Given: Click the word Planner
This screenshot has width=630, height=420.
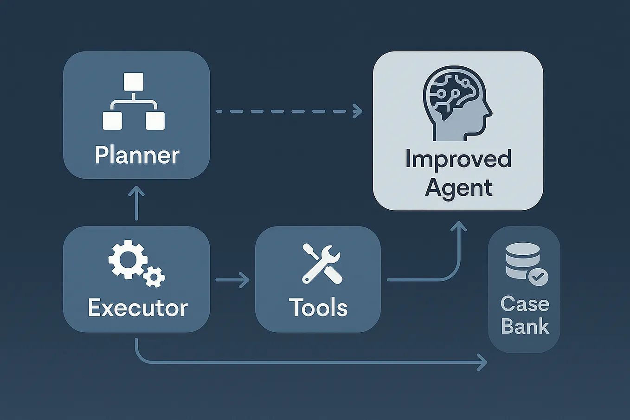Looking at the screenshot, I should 137,155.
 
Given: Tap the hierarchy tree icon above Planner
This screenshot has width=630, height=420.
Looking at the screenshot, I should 134,101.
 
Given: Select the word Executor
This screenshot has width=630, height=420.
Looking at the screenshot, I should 137,308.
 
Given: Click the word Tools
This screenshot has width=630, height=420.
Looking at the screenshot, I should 318,308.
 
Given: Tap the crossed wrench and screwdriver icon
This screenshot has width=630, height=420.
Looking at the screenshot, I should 321,264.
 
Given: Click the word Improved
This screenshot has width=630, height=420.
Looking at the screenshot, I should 458,159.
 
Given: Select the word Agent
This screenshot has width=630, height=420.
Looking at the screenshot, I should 458,188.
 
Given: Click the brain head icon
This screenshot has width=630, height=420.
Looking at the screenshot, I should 457,103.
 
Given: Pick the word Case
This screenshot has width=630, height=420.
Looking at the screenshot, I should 525,304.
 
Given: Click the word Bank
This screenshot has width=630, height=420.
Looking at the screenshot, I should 525,327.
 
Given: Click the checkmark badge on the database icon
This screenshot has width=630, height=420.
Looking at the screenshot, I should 538,278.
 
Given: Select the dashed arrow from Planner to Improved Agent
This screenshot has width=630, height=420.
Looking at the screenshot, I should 288,111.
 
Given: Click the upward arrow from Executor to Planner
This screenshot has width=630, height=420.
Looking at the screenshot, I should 136,203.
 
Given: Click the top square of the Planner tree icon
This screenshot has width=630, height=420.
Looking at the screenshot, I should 134,82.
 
